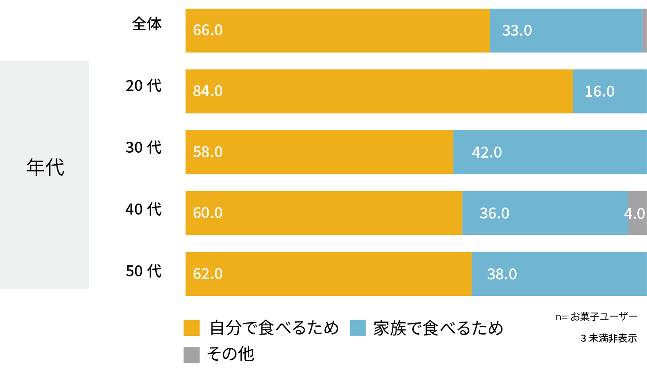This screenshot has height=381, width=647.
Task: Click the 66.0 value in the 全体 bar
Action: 208,30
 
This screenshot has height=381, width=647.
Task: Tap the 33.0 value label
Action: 517,31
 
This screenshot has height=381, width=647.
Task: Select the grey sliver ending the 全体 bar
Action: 644,30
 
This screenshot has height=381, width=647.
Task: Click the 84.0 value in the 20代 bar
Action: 208,91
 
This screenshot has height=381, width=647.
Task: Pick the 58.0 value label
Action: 208,152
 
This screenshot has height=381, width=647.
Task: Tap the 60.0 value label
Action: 208,213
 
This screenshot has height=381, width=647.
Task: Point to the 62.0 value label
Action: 208,274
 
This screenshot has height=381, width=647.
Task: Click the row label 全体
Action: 147,24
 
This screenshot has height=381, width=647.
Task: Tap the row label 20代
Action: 144,86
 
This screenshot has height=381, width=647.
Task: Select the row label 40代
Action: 144,209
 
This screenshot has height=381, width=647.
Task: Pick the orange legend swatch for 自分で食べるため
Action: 191,328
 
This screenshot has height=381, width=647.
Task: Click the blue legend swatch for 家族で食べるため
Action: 358,328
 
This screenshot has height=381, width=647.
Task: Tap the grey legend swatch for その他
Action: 191,355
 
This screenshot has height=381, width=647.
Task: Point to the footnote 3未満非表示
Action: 609,339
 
